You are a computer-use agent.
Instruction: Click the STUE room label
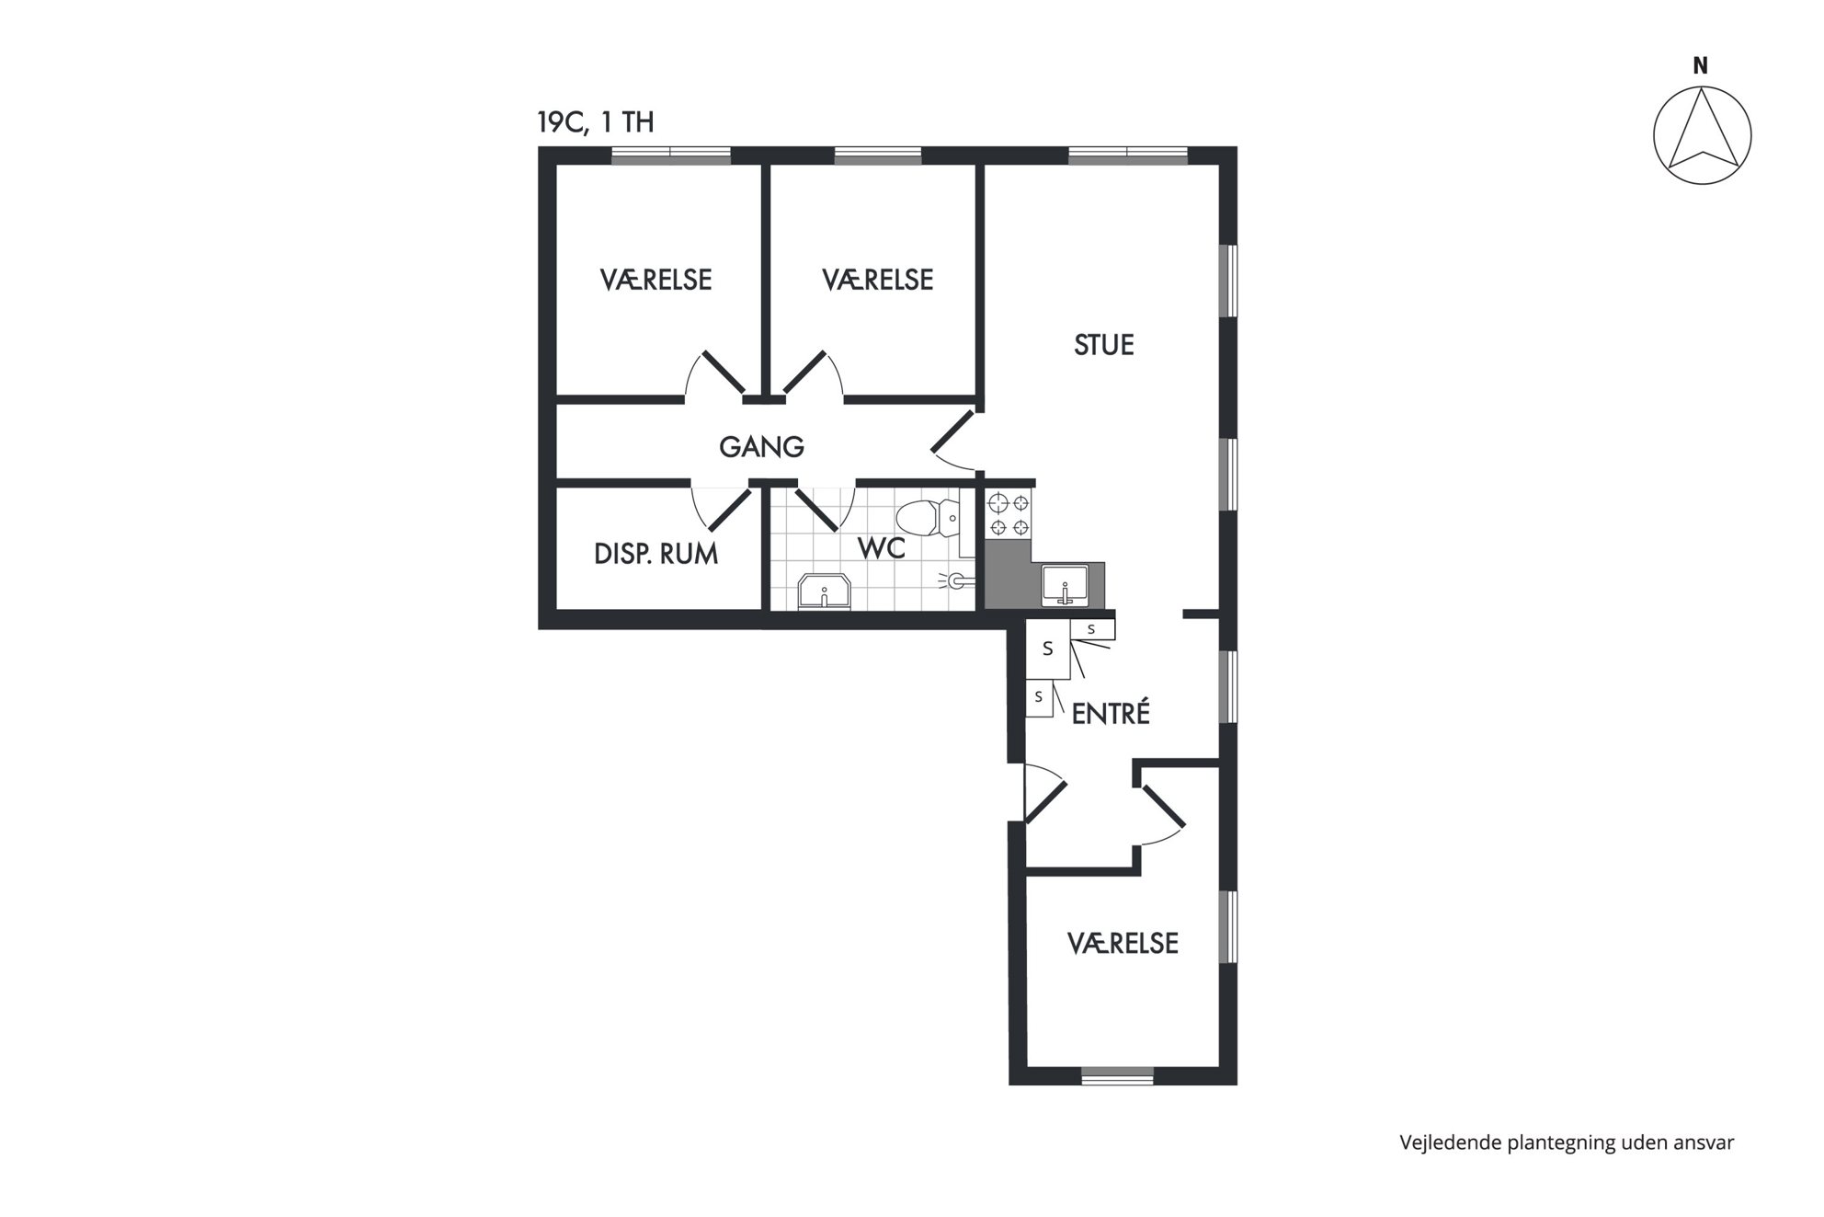pos(1103,345)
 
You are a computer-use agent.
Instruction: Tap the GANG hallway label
pos(761,447)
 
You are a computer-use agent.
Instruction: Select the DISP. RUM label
pos(655,554)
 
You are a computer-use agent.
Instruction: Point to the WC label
pos(882,548)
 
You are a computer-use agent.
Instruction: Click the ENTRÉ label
pos(1111,713)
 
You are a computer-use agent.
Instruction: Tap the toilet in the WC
pos(928,518)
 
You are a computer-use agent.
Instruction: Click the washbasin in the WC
pos(825,591)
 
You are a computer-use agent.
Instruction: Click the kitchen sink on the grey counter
pos(1065,585)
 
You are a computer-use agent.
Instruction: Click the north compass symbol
pos(1702,135)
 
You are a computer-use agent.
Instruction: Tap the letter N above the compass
pos(1701,66)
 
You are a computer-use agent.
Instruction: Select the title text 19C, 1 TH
pos(596,122)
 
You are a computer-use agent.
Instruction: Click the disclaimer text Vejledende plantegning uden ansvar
pos(1567,1142)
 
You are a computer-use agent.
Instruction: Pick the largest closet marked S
pos(1048,649)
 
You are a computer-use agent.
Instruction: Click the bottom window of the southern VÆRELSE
pos(1117,1076)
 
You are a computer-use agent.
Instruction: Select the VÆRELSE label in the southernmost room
pos(1123,943)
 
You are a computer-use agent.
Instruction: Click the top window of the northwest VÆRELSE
pos(671,155)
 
